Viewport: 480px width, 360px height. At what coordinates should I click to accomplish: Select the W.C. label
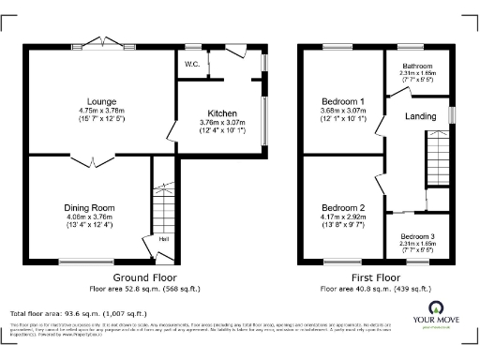click(x=192, y=65)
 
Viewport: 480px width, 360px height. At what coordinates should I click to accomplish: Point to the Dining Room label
click(x=88, y=207)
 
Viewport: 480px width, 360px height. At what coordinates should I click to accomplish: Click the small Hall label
click(x=164, y=239)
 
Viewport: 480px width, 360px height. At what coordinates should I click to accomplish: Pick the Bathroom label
click(x=417, y=67)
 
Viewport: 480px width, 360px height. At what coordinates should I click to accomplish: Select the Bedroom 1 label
click(x=342, y=100)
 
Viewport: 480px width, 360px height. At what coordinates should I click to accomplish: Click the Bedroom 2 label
click(x=342, y=207)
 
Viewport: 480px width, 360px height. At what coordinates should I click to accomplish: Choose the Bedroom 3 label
click(x=417, y=237)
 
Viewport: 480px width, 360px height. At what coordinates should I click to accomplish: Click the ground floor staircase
click(x=164, y=202)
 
